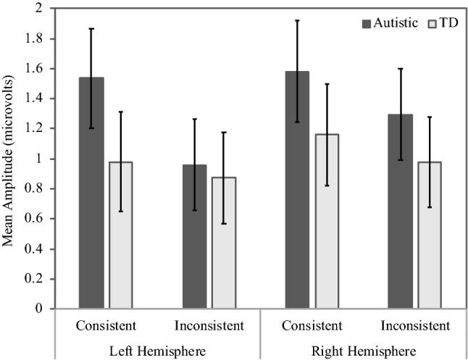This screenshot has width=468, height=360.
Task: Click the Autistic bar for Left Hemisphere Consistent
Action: (91, 193)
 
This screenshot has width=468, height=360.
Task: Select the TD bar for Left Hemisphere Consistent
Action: (120, 235)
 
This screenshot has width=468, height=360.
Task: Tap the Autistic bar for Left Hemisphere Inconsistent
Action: (194, 236)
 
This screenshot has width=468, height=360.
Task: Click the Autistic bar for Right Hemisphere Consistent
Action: (297, 190)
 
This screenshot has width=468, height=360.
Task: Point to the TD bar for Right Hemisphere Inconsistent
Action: (429, 235)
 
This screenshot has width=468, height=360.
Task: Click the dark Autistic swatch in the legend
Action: (367, 22)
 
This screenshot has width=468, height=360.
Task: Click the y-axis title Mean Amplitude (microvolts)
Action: (10, 156)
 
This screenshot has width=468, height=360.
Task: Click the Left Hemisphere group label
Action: (157, 350)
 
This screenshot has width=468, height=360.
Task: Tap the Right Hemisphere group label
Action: (363, 350)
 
